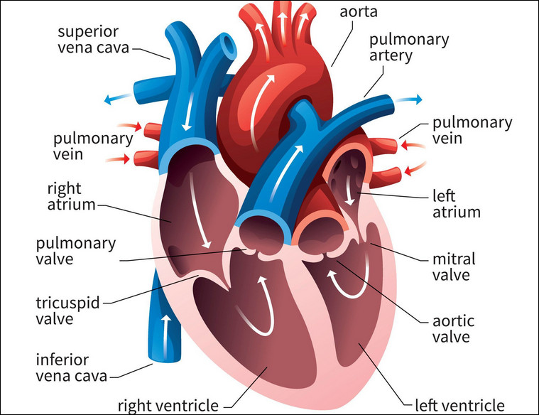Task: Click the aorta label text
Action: point(359,11)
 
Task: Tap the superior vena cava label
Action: point(93,40)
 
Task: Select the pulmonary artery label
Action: point(409,48)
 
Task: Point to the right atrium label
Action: point(71,196)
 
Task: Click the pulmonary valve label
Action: point(76,251)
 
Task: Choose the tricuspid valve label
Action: point(67,311)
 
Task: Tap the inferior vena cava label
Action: point(72,368)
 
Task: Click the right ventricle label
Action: point(168,405)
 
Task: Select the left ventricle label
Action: point(459,405)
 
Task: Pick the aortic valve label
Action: point(453,329)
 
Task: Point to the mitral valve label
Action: point(454,267)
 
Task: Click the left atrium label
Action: point(456,204)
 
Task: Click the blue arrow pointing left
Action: point(118,99)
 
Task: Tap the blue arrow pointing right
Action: point(408,99)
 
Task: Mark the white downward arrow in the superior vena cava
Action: point(187,111)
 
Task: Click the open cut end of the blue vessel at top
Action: point(228,44)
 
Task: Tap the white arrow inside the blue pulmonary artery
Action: point(286,174)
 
